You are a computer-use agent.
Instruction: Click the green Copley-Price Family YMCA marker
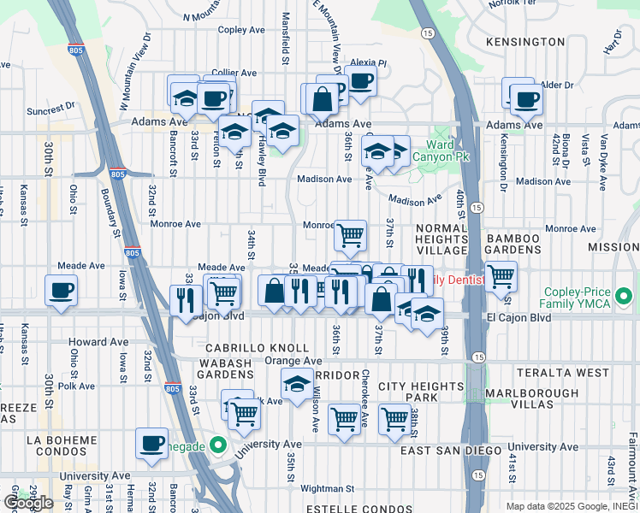(625, 298)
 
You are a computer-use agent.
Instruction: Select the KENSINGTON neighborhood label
(524, 41)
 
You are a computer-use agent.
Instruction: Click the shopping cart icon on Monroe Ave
(350, 234)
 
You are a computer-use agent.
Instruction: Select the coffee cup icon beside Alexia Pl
(360, 81)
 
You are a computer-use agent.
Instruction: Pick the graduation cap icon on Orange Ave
(297, 385)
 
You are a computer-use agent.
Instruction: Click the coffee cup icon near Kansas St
(62, 290)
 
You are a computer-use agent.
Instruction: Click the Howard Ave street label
(99, 342)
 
